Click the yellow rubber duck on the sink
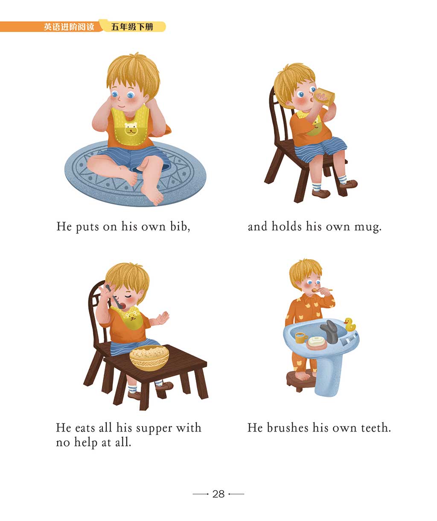pos(350,324)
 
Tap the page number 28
pos(218,494)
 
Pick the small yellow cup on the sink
pos(301,338)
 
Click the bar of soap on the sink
pos(317,340)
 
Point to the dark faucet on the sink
pos(329,331)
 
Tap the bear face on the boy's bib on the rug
pos(131,128)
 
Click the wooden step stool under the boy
pos(301,380)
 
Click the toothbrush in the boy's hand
pos(322,290)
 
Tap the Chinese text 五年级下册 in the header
pos(132,27)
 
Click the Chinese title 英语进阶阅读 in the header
pos(69,27)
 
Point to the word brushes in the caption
pos(288,428)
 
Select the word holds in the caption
pos(286,226)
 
